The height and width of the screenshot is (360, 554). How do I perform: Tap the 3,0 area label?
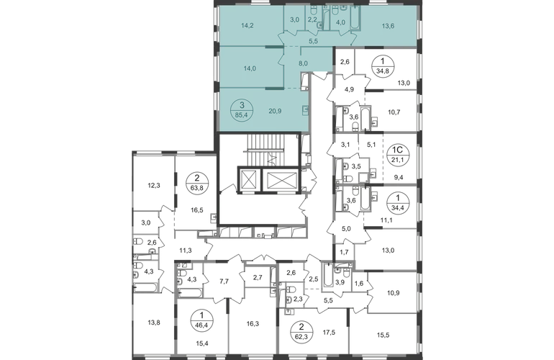pos(294,21)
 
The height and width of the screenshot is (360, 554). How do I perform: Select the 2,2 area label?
pos(312,21)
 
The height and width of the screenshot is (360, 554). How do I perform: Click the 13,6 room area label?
pos(387,26)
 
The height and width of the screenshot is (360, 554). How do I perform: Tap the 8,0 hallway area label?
pos(304,64)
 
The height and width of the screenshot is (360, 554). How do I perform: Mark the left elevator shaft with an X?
pos(246,179)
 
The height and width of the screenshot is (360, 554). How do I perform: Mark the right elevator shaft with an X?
pos(278,179)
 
